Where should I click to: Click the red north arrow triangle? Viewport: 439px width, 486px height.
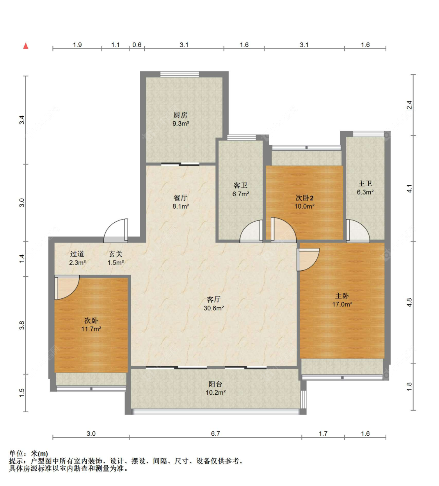(x=26, y=46)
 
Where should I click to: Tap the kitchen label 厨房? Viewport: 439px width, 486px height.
(x=180, y=115)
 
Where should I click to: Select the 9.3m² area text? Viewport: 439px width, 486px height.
(x=181, y=124)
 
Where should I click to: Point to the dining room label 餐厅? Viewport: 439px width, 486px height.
(x=180, y=198)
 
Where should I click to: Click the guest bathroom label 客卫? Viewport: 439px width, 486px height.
(x=240, y=185)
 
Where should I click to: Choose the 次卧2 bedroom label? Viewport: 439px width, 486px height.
(x=304, y=198)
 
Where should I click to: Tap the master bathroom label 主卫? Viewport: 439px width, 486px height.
(x=365, y=183)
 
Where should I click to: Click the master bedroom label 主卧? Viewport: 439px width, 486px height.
(x=342, y=296)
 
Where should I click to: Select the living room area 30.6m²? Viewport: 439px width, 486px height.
(x=213, y=308)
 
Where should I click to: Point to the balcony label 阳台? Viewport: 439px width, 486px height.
(x=215, y=384)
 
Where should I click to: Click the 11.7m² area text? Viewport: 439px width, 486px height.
(x=91, y=329)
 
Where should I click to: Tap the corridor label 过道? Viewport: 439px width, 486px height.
(x=77, y=254)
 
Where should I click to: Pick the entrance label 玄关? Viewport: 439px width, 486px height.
(x=116, y=254)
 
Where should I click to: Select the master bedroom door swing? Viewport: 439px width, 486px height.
(x=308, y=259)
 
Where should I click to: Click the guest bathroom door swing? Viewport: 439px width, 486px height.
(x=251, y=231)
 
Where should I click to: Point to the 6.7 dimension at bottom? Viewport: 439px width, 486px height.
(x=215, y=434)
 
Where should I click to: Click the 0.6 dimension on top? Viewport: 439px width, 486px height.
(x=137, y=45)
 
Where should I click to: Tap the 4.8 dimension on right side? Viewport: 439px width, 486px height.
(x=409, y=302)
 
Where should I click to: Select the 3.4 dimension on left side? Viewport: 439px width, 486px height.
(x=22, y=120)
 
